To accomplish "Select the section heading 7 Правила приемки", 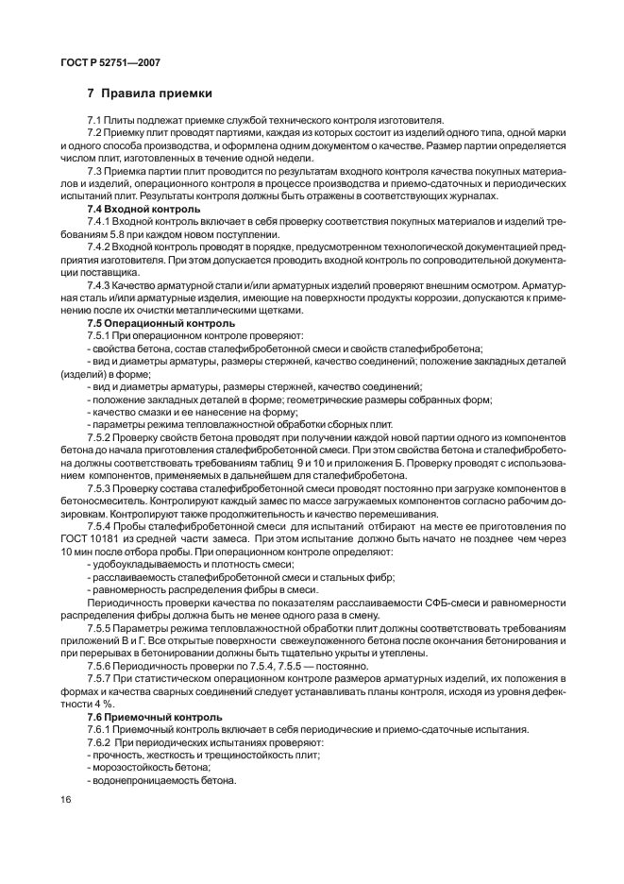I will tap(149, 93).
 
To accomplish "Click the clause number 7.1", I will tap(94, 122).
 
